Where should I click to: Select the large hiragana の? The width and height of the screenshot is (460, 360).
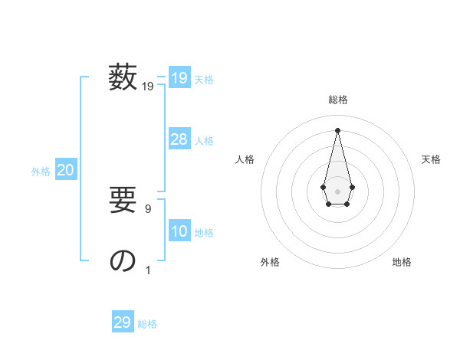click(123, 260)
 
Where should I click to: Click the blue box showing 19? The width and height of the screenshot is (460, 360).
click(179, 78)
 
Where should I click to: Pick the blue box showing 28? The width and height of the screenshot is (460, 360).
click(179, 139)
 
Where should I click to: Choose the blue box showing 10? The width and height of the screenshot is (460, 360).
click(179, 231)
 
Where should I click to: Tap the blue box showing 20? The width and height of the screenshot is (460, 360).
click(65, 171)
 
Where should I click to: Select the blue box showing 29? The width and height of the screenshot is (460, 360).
click(123, 322)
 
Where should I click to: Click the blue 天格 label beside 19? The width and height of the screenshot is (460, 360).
click(204, 80)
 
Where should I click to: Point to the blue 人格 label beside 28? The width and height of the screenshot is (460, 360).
click(204, 141)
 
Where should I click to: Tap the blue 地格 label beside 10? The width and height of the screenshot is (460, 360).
click(204, 233)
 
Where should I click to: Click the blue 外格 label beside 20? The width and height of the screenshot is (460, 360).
click(41, 172)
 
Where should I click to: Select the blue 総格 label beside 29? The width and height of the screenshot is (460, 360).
click(147, 324)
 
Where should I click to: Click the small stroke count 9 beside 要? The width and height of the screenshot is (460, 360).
click(148, 208)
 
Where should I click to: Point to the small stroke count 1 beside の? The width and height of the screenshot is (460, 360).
click(148, 270)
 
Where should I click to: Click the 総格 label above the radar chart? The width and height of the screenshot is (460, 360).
click(337, 100)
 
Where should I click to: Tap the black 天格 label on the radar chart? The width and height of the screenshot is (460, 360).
click(431, 159)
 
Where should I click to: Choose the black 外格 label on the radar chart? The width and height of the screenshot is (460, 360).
click(270, 262)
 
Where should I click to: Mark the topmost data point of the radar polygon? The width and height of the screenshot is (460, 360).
click(337, 129)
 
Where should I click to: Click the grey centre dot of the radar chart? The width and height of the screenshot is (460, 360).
click(337, 191)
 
